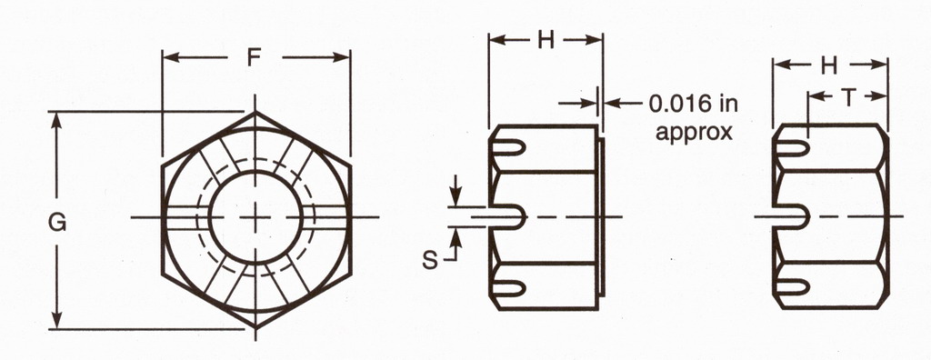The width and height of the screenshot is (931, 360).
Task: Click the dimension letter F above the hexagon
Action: pyautogui.click(x=255, y=57)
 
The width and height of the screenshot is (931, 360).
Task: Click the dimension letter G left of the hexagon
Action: pyautogui.click(x=57, y=223)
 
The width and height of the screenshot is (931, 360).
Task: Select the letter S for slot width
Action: pyautogui.click(x=430, y=260)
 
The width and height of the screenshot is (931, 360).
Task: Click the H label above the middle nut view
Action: pyautogui.click(x=546, y=40)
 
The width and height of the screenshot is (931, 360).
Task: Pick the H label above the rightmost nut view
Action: pyautogui.click(x=829, y=66)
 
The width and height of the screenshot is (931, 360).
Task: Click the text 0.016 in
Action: pyautogui.click(x=693, y=104)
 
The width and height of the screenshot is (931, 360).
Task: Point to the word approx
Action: pyautogui.click(x=694, y=132)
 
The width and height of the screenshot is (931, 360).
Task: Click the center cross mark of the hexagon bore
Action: pyautogui.click(x=255, y=217)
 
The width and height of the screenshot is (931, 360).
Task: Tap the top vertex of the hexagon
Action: pyautogui.click(x=255, y=112)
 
